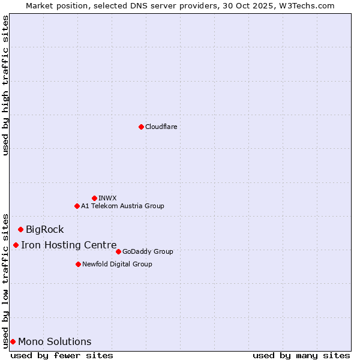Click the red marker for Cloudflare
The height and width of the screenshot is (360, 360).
(x=141, y=127)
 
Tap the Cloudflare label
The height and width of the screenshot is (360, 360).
(x=161, y=127)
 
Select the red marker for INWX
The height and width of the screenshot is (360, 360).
(x=94, y=198)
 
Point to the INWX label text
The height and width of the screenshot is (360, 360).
(x=107, y=198)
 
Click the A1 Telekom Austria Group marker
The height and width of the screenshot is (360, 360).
(x=77, y=206)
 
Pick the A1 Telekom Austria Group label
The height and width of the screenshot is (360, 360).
(x=122, y=206)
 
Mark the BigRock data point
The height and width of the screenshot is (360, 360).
(x=20, y=229)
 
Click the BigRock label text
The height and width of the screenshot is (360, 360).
(x=44, y=229)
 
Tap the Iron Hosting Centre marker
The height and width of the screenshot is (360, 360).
(x=16, y=245)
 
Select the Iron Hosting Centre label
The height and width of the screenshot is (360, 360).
(x=68, y=245)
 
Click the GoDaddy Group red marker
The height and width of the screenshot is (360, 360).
(x=118, y=251)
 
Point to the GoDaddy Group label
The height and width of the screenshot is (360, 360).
(x=148, y=251)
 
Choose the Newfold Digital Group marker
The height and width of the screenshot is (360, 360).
(x=78, y=264)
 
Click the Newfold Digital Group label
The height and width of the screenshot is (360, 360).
(x=117, y=264)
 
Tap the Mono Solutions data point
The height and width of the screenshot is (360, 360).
(x=13, y=341)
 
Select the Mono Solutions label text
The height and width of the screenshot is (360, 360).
(x=55, y=341)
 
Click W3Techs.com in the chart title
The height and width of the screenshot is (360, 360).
(x=310, y=5)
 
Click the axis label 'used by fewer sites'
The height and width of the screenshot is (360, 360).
(x=62, y=355)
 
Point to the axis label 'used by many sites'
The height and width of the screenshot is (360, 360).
(x=301, y=355)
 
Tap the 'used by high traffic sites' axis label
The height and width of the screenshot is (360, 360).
(x=5, y=85)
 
